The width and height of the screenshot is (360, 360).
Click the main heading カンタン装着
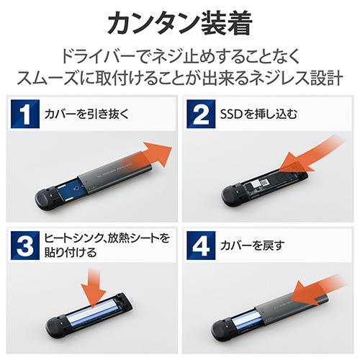pos(180,23)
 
